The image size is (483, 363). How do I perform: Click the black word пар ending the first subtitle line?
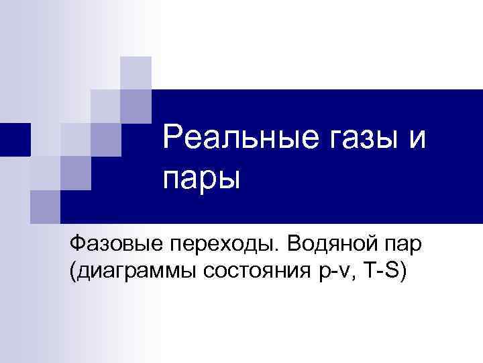402,245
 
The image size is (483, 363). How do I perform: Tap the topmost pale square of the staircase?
136,72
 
